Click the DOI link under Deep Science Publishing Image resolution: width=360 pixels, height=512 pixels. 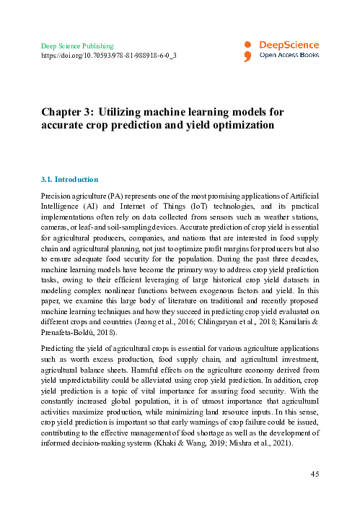tap(108, 55)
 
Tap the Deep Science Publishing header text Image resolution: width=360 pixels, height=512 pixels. tap(76, 45)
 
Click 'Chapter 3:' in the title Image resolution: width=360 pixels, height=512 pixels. tap(67, 112)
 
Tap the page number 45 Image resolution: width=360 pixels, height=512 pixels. tap(314, 473)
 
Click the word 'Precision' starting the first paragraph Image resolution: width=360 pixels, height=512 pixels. tap(54, 194)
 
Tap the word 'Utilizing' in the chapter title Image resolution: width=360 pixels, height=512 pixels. tap(126, 112)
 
